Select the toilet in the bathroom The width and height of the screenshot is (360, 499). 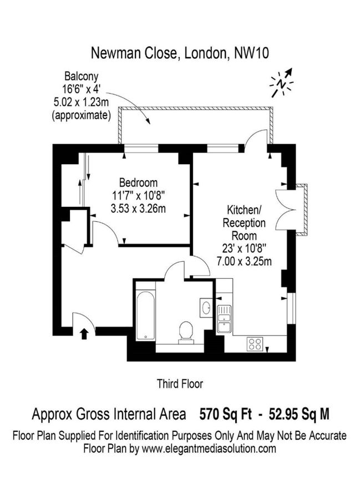click(185, 332)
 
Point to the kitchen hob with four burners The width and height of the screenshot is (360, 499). click(255, 343)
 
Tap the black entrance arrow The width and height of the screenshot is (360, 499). click(84, 333)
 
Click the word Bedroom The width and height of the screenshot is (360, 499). click(138, 182)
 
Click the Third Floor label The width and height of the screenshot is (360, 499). click(180, 383)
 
